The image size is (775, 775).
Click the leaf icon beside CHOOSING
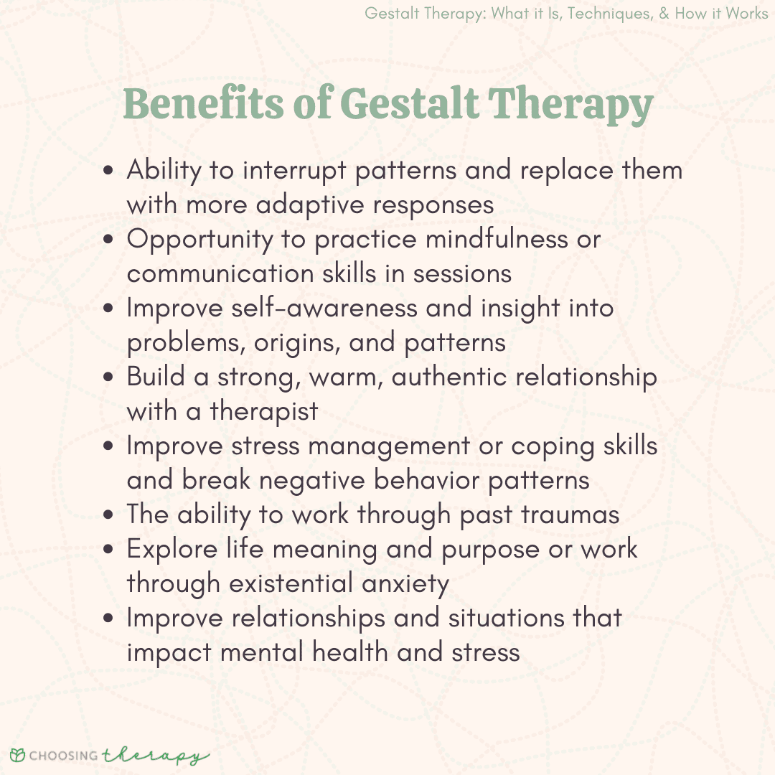(x=17, y=755)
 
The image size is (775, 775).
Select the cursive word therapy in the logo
(x=155, y=755)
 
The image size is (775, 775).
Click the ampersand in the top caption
(x=664, y=13)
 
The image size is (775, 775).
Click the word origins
(x=297, y=344)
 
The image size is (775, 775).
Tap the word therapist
(x=264, y=412)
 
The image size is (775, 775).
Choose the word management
(x=389, y=447)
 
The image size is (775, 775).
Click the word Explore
(x=172, y=550)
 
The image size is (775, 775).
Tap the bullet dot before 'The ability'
(x=108, y=515)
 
